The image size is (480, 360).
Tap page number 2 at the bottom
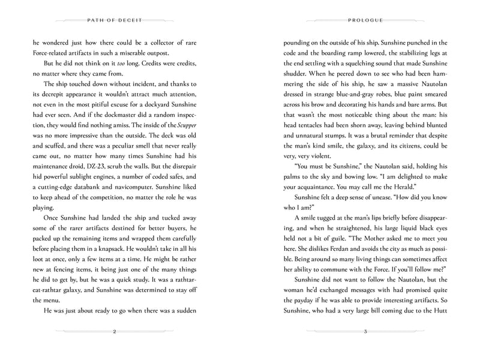click(114, 332)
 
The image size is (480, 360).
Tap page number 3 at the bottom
click(365, 332)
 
